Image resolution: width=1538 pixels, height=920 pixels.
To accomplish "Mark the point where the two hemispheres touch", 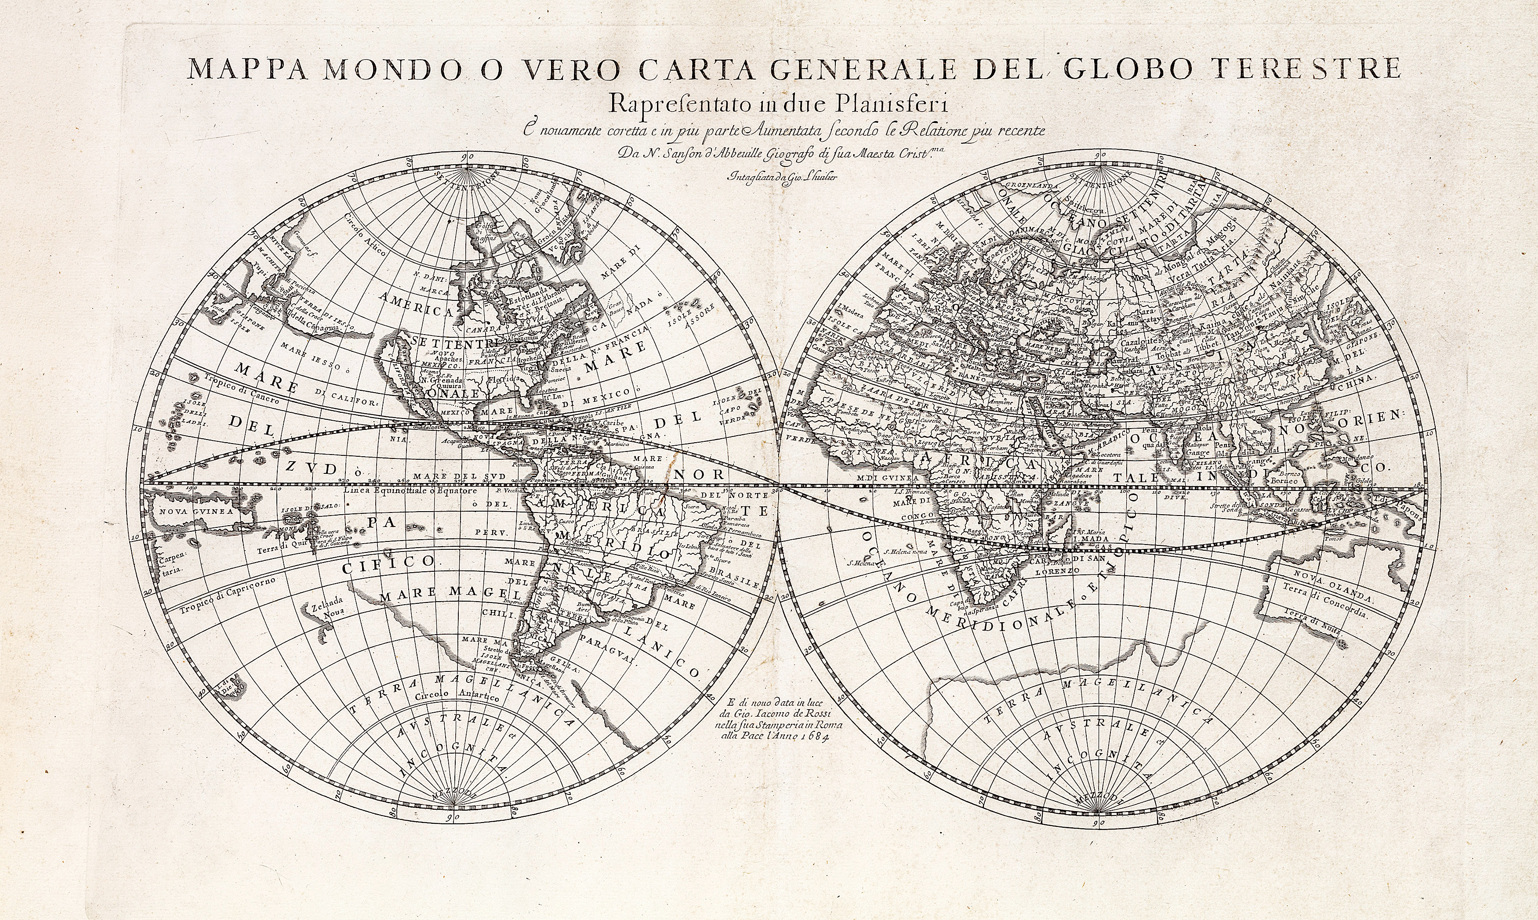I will pyautogui.click(x=778, y=486).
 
